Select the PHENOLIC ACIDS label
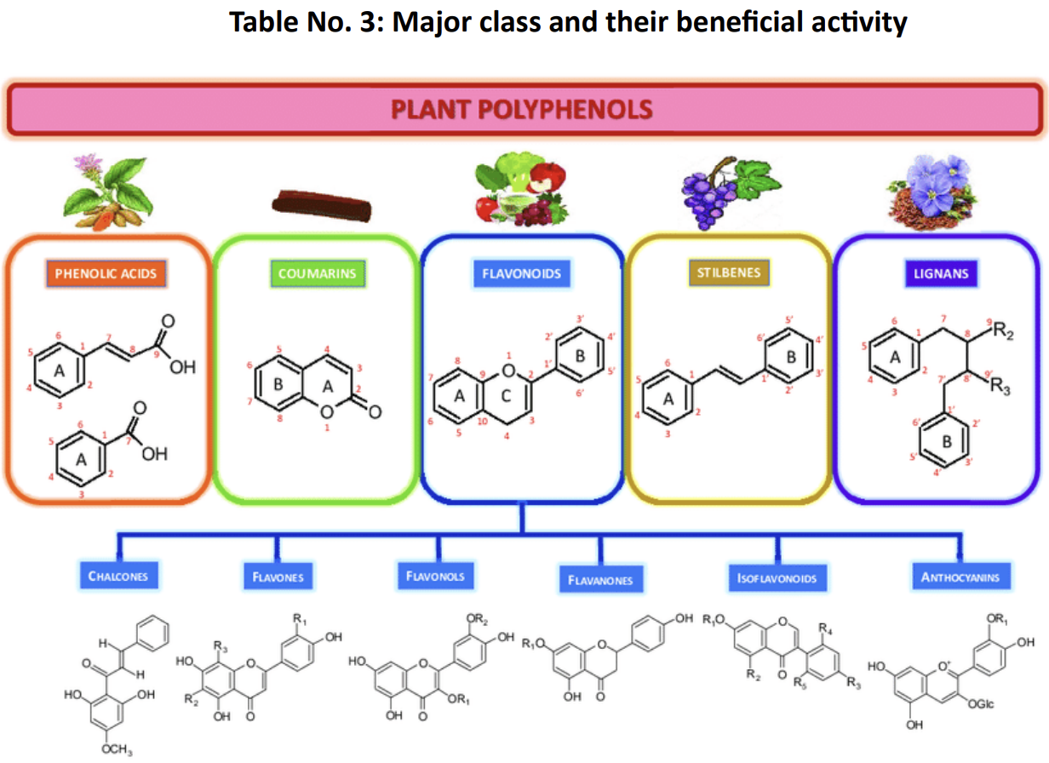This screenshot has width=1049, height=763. click(106, 274)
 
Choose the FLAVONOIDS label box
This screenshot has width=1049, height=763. click(521, 274)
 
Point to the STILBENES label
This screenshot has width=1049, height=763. click(728, 273)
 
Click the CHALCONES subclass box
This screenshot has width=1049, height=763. click(118, 577)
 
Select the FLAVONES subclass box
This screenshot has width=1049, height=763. click(278, 577)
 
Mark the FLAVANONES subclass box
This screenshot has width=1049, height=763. click(600, 580)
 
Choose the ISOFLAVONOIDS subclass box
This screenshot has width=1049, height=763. click(777, 578)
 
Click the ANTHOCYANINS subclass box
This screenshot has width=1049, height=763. click(960, 577)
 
